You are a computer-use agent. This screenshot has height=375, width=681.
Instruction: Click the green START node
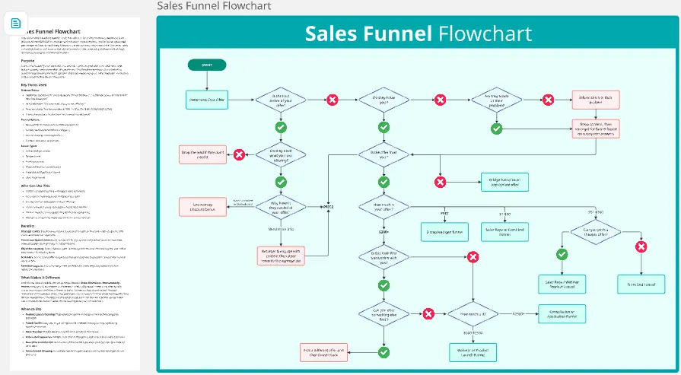(x=207, y=65)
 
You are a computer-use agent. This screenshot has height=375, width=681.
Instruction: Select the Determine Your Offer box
(x=207, y=100)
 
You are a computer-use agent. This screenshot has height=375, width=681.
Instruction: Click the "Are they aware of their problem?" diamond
(x=495, y=100)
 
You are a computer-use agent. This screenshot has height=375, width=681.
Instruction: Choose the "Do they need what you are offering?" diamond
(x=280, y=154)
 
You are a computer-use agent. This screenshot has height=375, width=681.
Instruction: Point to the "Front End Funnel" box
(x=641, y=284)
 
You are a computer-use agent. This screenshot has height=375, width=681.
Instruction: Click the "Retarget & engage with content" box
(x=280, y=254)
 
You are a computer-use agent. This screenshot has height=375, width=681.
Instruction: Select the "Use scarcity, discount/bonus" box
(x=202, y=206)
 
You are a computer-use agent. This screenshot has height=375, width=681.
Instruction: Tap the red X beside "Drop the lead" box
(x=239, y=154)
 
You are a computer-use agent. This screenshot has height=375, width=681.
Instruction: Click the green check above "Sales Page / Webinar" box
(x=562, y=254)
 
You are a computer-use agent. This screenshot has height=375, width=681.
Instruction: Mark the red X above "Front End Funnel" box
(x=641, y=246)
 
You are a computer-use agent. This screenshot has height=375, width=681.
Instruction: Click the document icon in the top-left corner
(x=16, y=24)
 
